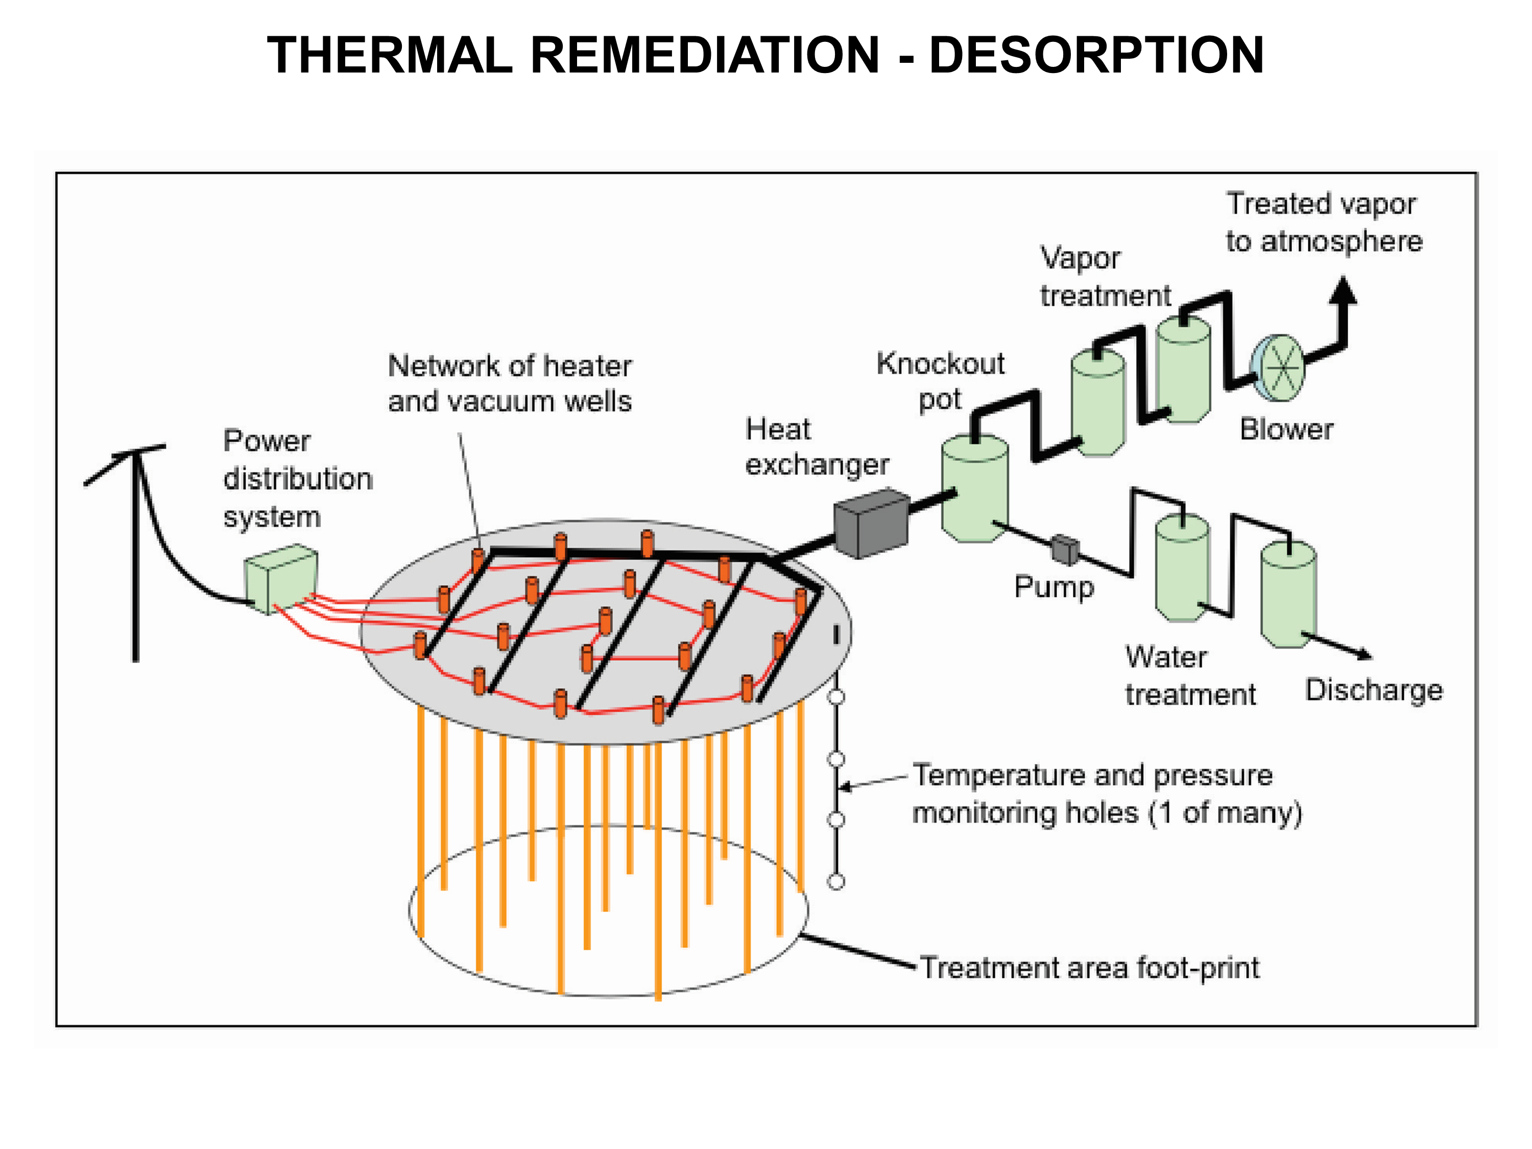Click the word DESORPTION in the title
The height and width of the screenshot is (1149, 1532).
(1096, 55)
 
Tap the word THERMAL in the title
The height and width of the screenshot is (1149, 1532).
(389, 55)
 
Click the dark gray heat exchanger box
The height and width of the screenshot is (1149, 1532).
(871, 523)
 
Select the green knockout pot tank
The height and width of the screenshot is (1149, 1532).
(974, 488)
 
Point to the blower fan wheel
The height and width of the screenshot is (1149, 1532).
(1281, 368)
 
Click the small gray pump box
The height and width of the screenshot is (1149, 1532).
(1065, 549)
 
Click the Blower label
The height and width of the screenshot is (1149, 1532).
(1286, 429)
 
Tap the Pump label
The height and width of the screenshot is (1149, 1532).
(1054, 587)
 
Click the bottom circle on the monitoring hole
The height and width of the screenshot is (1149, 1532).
(836, 881)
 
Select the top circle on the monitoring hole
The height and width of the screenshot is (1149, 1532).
(836, 697)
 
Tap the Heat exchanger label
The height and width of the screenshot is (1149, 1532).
(817, 447)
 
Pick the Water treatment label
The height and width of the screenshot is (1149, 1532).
(1190, 675)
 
